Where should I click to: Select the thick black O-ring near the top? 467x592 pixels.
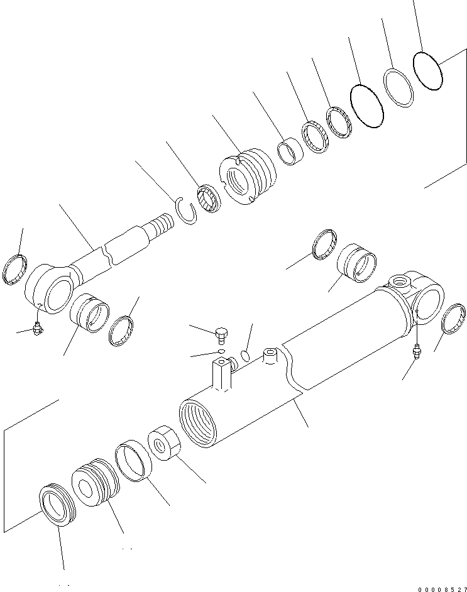coord(366,106)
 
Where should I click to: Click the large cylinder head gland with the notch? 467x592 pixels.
coord(247,176)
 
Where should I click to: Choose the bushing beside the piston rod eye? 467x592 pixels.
coord(90,312)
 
